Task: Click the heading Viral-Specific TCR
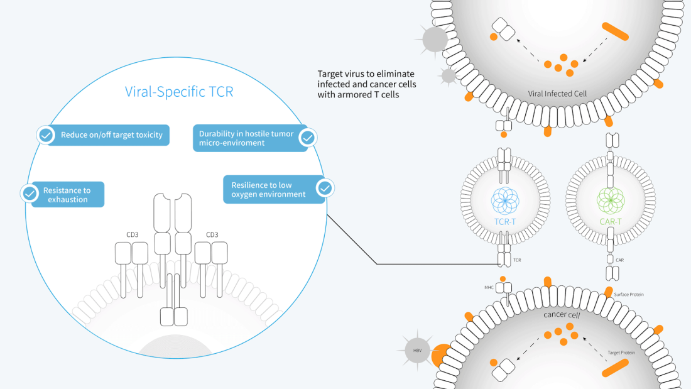(x=179, y=92)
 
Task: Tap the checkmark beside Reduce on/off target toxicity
(x=46, y=135)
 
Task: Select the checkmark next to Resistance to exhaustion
(x=30, y=194)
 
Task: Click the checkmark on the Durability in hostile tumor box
(x=307, y=138)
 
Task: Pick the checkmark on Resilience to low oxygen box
(x=325, y=188)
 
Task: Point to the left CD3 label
(x=132, y=235)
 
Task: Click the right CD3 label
(x=212, y=235)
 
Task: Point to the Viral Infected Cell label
(x=558, y=94)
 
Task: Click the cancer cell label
(x=561, y=314)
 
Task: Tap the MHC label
(x=489, y=288)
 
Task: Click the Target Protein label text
(x=621, y=353)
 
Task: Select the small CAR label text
(x=619, y=259)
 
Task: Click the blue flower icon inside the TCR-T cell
(x=505, y=200)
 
